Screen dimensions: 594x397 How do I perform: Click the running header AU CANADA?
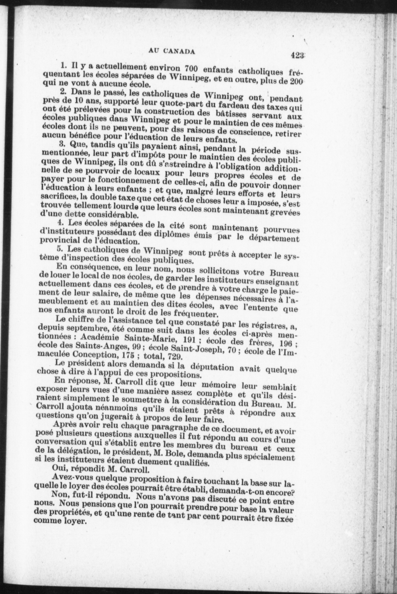[171, 51]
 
